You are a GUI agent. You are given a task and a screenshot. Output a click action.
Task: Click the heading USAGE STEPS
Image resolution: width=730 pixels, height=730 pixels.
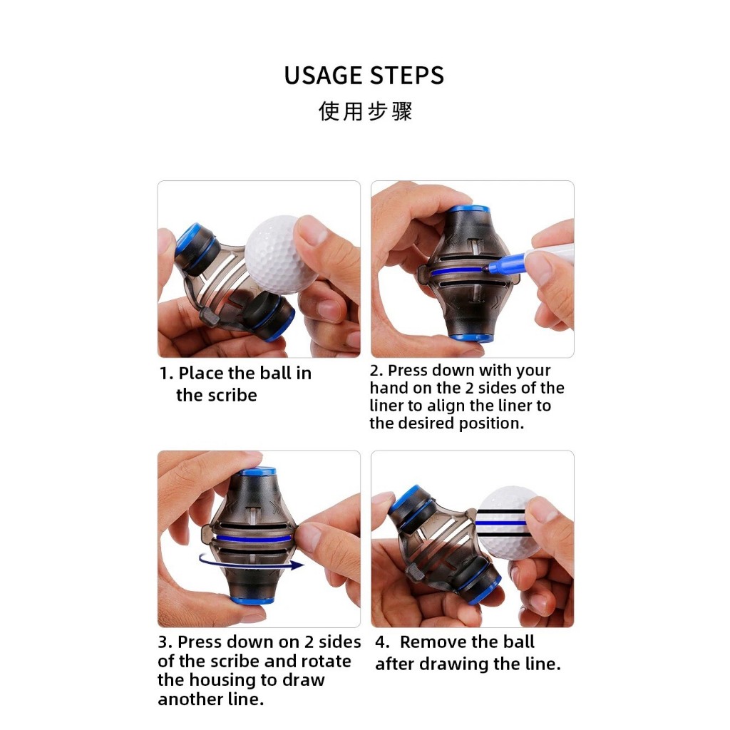[x=364, y=76]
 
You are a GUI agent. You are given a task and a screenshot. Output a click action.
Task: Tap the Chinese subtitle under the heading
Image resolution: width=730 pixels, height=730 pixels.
[x=366, y=111]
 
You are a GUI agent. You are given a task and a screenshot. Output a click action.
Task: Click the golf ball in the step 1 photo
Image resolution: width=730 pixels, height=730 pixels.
[x=279, y=254]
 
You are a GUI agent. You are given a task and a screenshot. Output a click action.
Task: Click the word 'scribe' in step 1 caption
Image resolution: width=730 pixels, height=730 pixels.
[x=232, y=395]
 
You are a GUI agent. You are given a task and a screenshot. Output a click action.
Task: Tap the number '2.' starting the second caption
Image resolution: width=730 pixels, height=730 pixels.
[x=376, y=371]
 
